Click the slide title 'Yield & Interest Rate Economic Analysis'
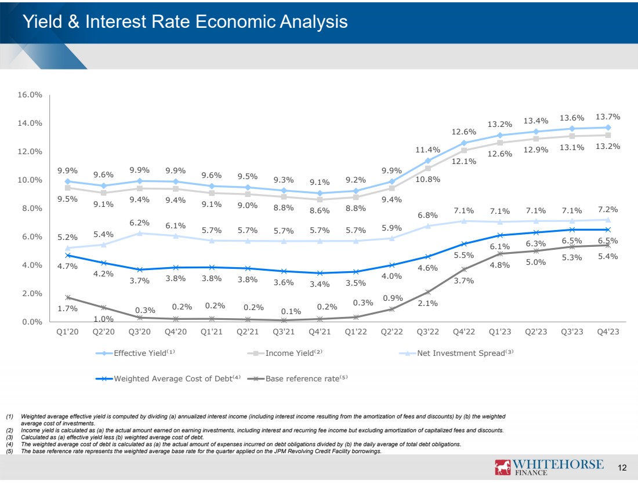184,22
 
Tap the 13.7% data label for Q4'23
608,116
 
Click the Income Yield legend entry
290,353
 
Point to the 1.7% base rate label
68,309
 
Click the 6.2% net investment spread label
140,222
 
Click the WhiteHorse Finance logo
548,468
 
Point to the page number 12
623,468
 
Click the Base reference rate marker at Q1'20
68,297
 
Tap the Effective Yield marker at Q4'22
463,143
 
